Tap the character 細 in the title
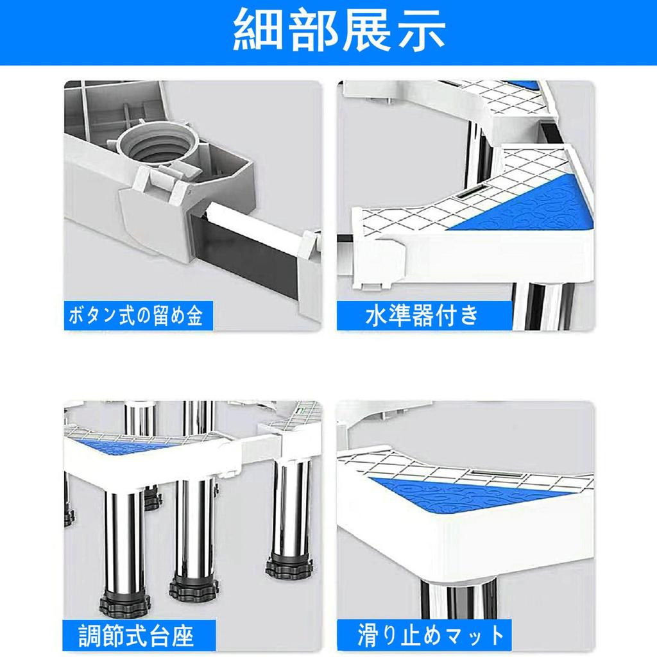click(x=256, y=30)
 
